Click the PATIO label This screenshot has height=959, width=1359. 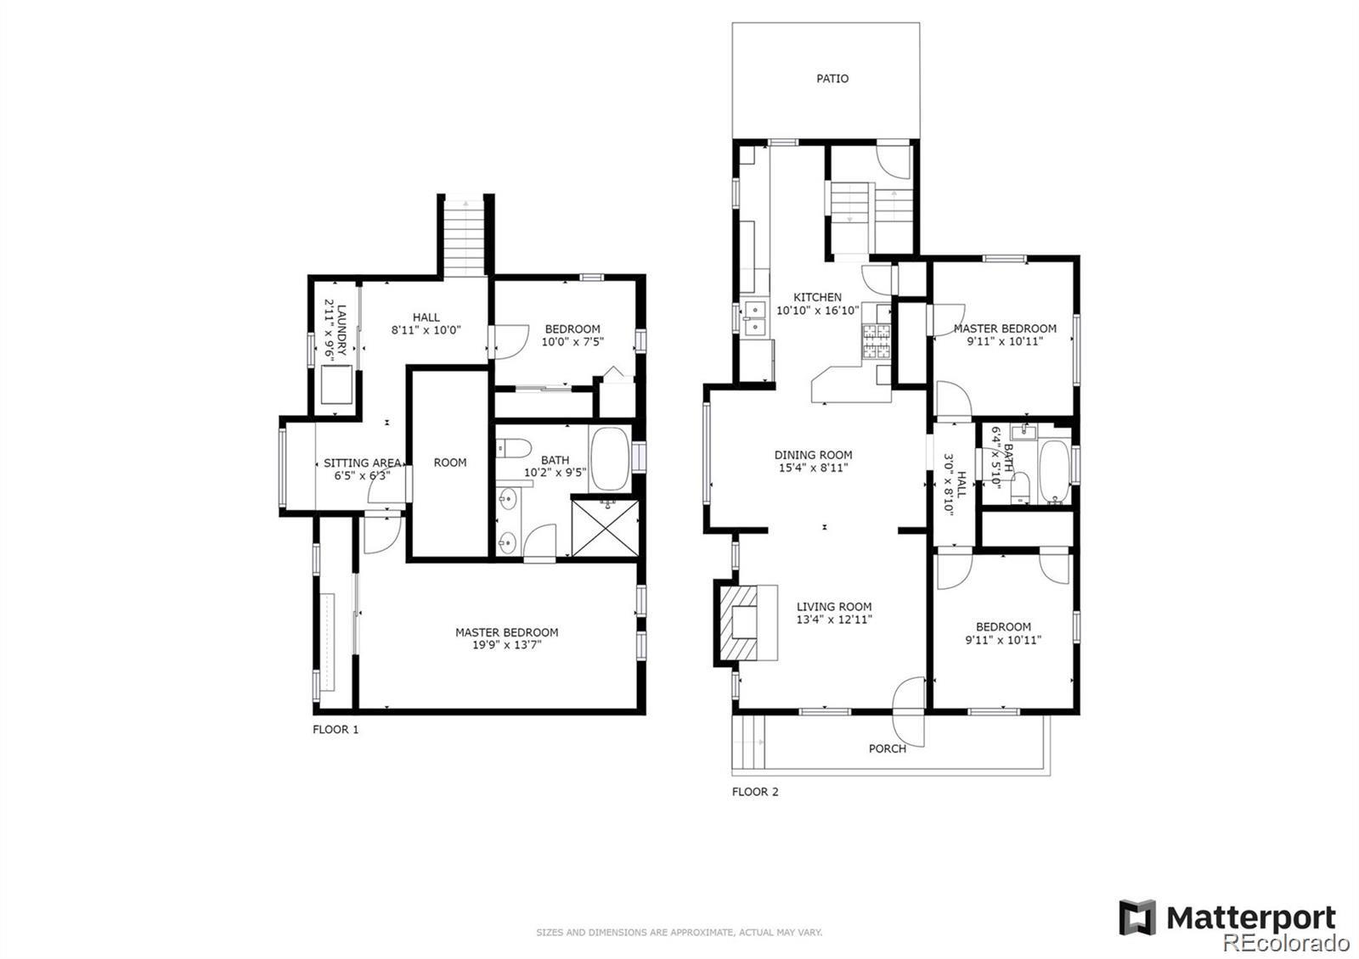[832, 78]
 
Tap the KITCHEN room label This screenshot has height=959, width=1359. [817, 297]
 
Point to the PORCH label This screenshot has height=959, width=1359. [887, 749]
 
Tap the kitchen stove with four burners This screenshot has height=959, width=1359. [877, 342]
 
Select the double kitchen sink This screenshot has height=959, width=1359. [753, 320]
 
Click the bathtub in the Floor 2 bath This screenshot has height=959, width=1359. [1055, 471]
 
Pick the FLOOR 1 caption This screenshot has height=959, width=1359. [336, 729]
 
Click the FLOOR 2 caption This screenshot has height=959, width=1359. [755, 792]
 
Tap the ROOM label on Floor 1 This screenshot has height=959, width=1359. [450, 463]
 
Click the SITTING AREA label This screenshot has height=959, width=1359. [362, 463]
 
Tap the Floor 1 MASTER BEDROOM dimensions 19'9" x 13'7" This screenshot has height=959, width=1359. [506, 645]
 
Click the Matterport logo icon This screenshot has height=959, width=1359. [1136, 917]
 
